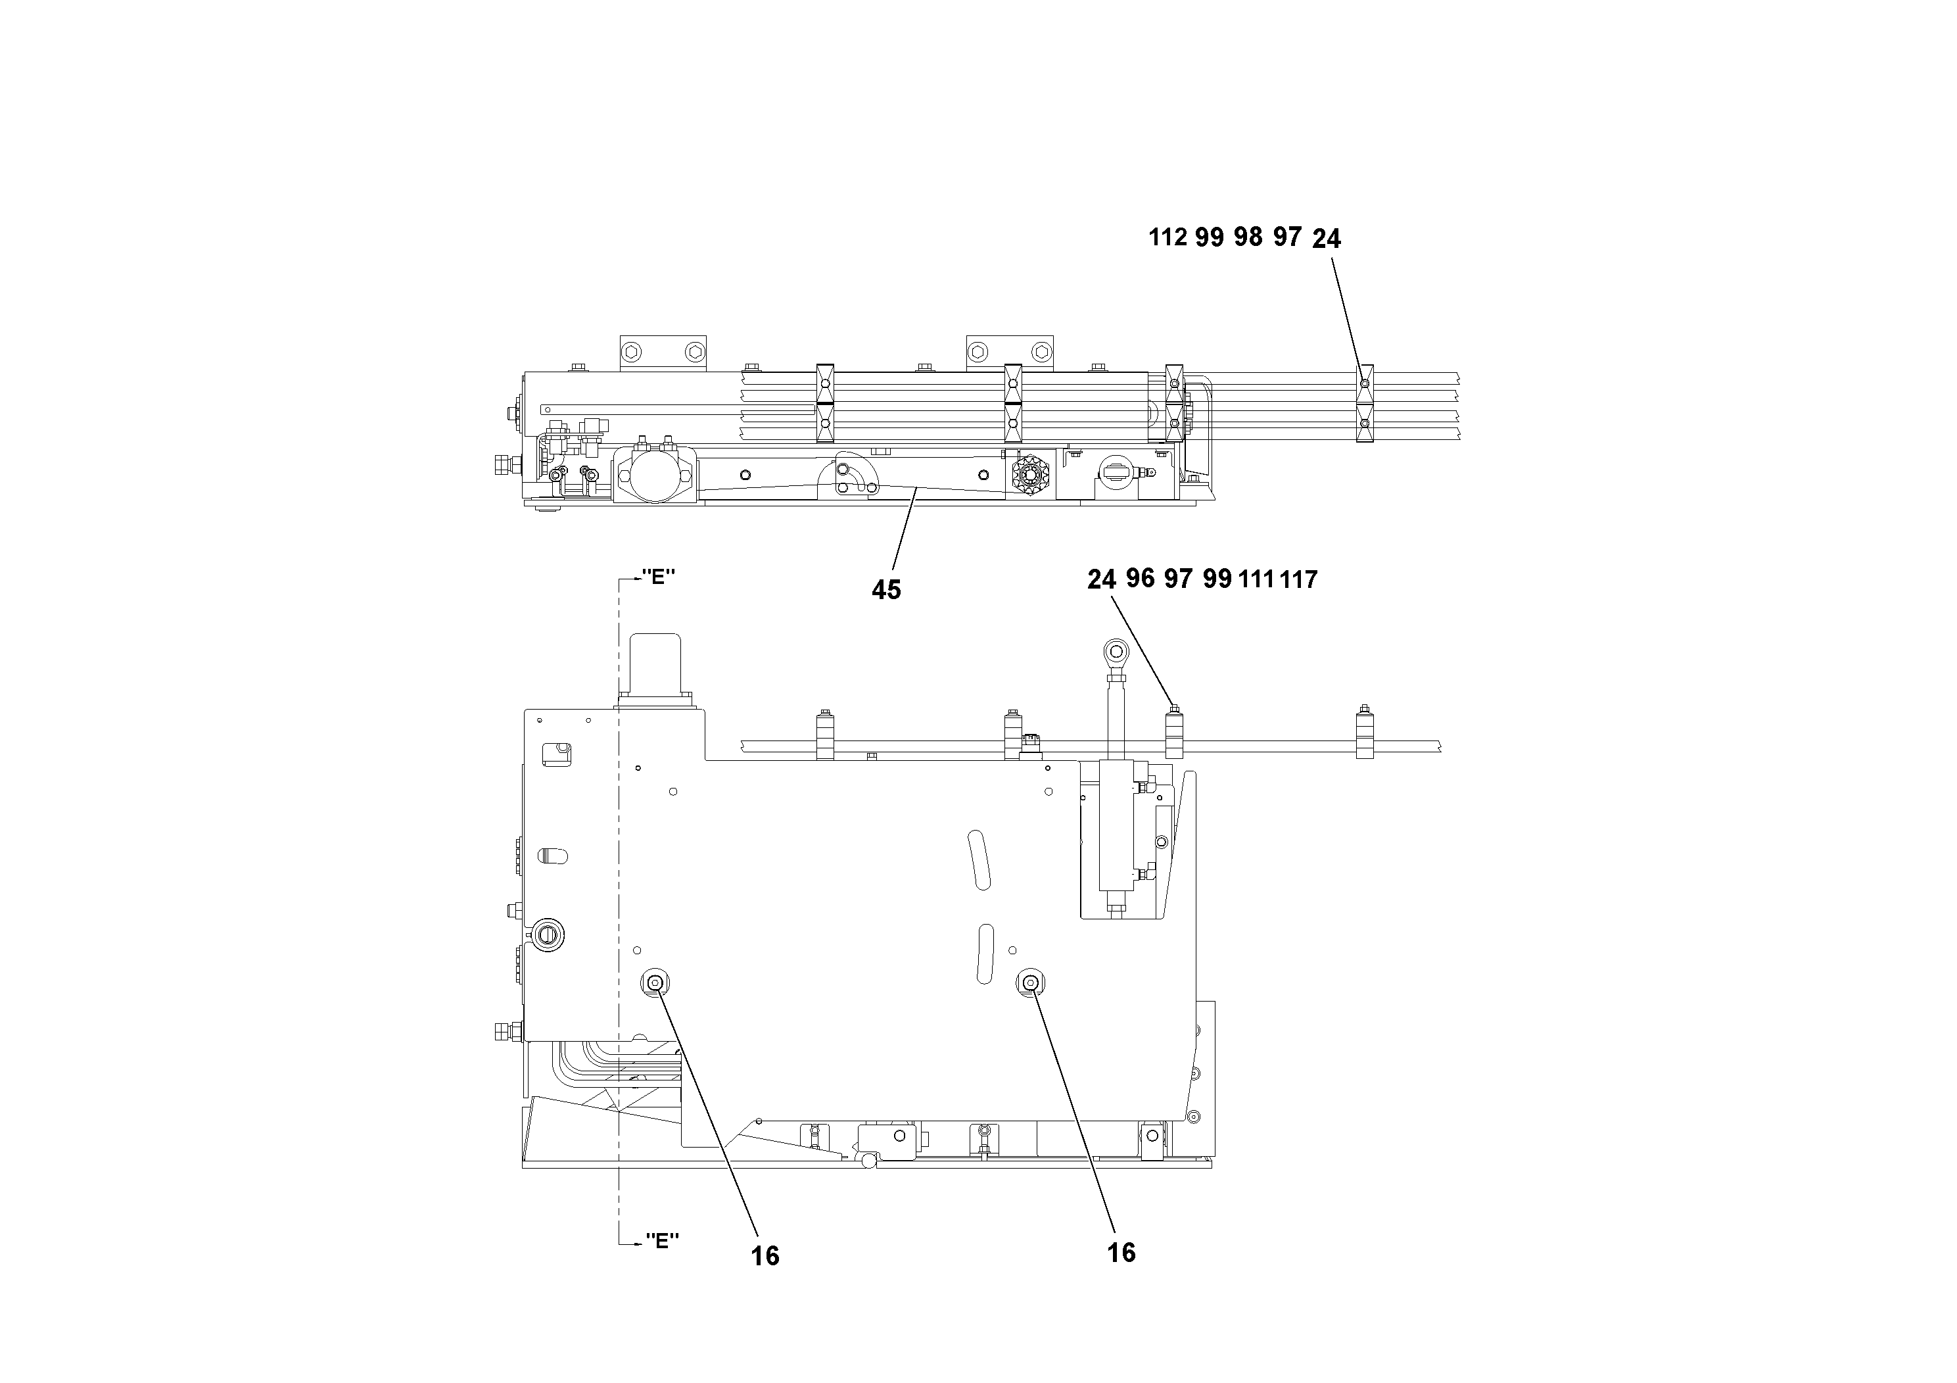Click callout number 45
tap(885, 589)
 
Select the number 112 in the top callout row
tap(1167, 237)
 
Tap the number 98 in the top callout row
tap(1248, 237)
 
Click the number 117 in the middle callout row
tap(1298, 580)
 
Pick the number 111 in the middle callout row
tap(1256, 580)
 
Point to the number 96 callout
tap(1140, 579)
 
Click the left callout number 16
tap(765, 1256)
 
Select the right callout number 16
tap(1121, 1253)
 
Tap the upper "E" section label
tap(657, 577)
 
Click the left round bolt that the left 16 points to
tap(655, 983)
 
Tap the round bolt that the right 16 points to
tap(1029, 983)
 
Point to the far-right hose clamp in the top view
tap(1365, 403)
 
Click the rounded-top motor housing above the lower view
tap(653, 665)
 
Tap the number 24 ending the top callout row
tap(1327, 239)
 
